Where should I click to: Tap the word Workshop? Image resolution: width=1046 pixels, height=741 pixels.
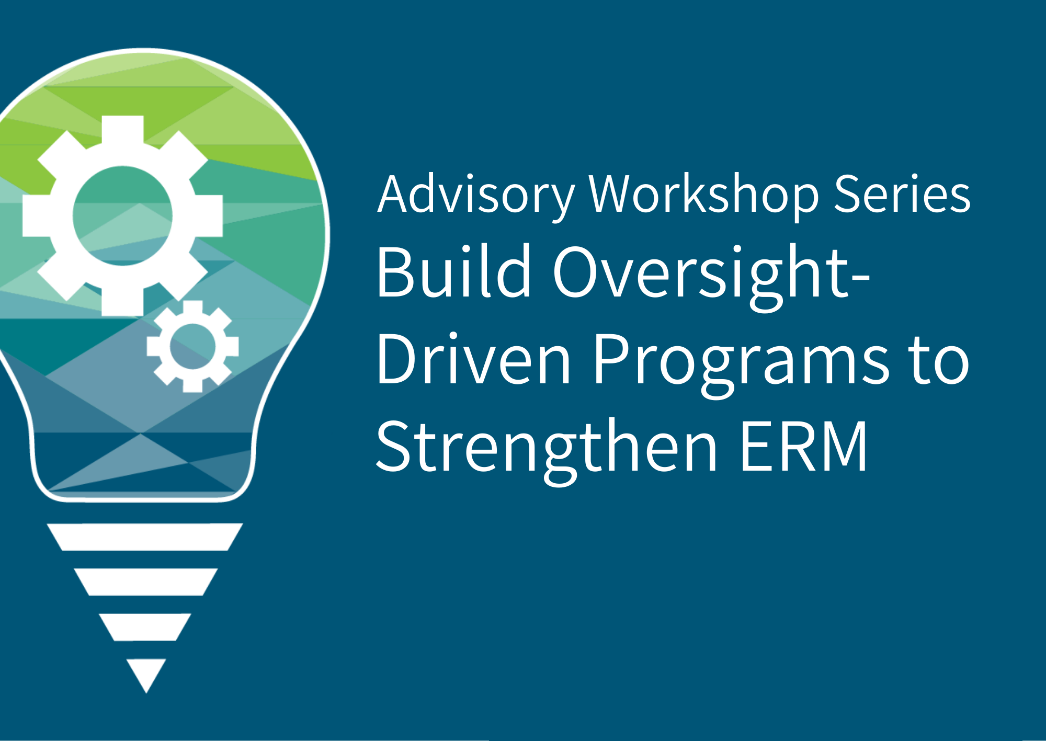[703, 195]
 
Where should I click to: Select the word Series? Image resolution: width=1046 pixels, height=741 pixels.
[902, 195]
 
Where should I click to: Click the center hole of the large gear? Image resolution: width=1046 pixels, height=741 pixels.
[122, 215]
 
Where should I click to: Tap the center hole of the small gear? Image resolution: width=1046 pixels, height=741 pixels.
[192, 346]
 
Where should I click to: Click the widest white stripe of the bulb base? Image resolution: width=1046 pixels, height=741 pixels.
[145, 537]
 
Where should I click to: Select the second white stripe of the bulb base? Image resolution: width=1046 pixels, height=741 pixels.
[145, 582]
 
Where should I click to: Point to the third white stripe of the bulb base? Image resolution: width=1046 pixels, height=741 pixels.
[145, 626]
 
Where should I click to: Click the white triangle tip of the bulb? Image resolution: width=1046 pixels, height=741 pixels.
[146, 672]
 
